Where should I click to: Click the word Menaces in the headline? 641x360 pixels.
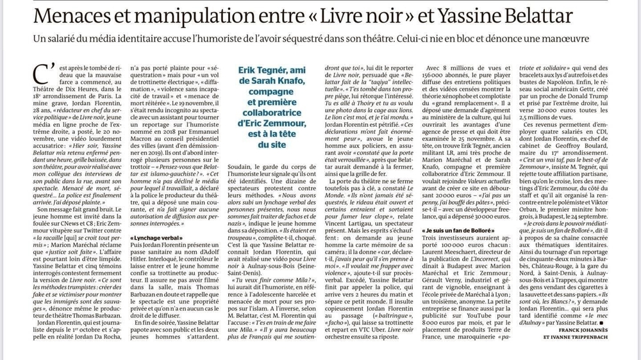click(x=72, y=15)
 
